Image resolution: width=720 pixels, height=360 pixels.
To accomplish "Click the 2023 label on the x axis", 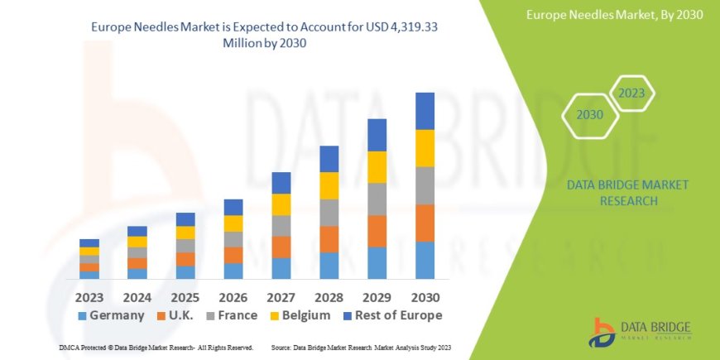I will pyautogui.click(x=89, y=296).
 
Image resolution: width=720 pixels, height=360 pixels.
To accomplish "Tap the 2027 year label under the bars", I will pyautogui.click(x=281, y=296).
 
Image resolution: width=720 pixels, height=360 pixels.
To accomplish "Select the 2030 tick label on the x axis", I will pyautogui.click(x=424, y=296).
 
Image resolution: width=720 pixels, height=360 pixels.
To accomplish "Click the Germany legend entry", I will pyautogui.click(x=111, y=315).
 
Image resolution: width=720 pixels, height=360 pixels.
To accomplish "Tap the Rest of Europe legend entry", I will pyautogui.click(x=394, y=315).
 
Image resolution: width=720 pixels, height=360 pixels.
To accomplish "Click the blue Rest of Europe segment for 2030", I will pyautogui.click(x=425, y=111).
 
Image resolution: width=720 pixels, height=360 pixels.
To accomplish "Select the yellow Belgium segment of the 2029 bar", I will pyautogui.click(x=377, y=167).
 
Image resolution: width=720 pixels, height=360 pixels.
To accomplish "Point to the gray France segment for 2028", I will pyautogui.click(x=329, y=213).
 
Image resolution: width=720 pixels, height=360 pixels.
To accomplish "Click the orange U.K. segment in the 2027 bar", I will pyautogui.click(x=281, y=247).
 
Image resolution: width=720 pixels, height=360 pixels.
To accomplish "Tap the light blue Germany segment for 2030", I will pyautogui.click(x=425, y=260).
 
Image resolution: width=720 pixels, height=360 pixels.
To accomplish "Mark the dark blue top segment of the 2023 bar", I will pyautogui.click(x=89, y=242).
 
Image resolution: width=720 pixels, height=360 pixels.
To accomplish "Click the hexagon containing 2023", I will pyautogui.click(x=632, y=94).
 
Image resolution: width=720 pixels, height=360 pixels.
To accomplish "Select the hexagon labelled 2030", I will pyautogui.click(x=589, y=115).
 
